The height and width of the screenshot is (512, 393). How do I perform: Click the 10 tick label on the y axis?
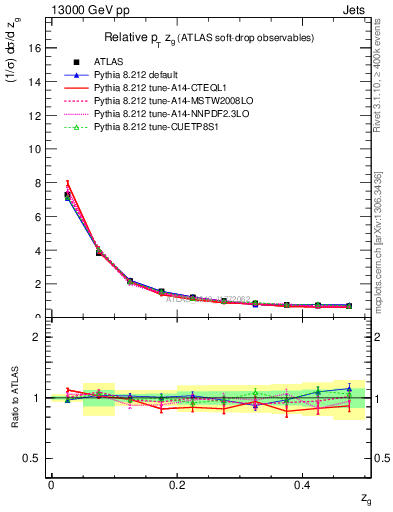coord(34,149)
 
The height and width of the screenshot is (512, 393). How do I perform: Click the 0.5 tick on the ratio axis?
coord(34,458)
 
